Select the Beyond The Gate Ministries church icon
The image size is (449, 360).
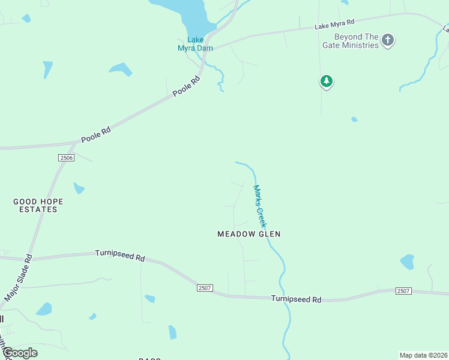click(388, 40)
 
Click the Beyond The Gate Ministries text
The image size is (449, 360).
click(357, 41)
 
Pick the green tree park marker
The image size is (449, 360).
click(326, 81)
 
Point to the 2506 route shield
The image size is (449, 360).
click(66, 157)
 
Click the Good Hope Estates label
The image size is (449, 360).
click(38, 205)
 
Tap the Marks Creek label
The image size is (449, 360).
click(259, 205)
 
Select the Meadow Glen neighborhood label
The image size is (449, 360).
click(249, 234)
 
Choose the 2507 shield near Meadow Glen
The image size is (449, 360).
click(204, 288)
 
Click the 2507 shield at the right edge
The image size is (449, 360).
click(403, 291)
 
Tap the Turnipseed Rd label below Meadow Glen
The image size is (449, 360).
click(296, 299)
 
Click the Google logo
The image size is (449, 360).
click(20, 353)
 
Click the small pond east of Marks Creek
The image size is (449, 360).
click(407, 262)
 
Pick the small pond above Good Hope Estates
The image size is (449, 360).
click(79, 188)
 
